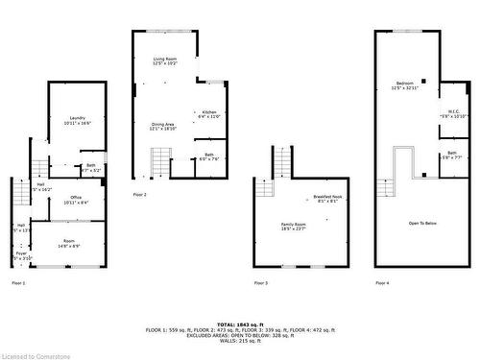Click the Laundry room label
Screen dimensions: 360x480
(x=78, y=120)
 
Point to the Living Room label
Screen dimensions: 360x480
(x=166, y=60)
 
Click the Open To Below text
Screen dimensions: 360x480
(x=422, y=222)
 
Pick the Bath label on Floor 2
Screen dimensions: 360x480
(x=209, y=156)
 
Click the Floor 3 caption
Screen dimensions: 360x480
(x=261, y=283)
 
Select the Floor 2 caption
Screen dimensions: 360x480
(x=140, y=194)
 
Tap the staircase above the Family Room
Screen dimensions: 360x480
(x=283, y=160)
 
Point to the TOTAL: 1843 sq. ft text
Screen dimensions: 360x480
(x=240, y=324)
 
